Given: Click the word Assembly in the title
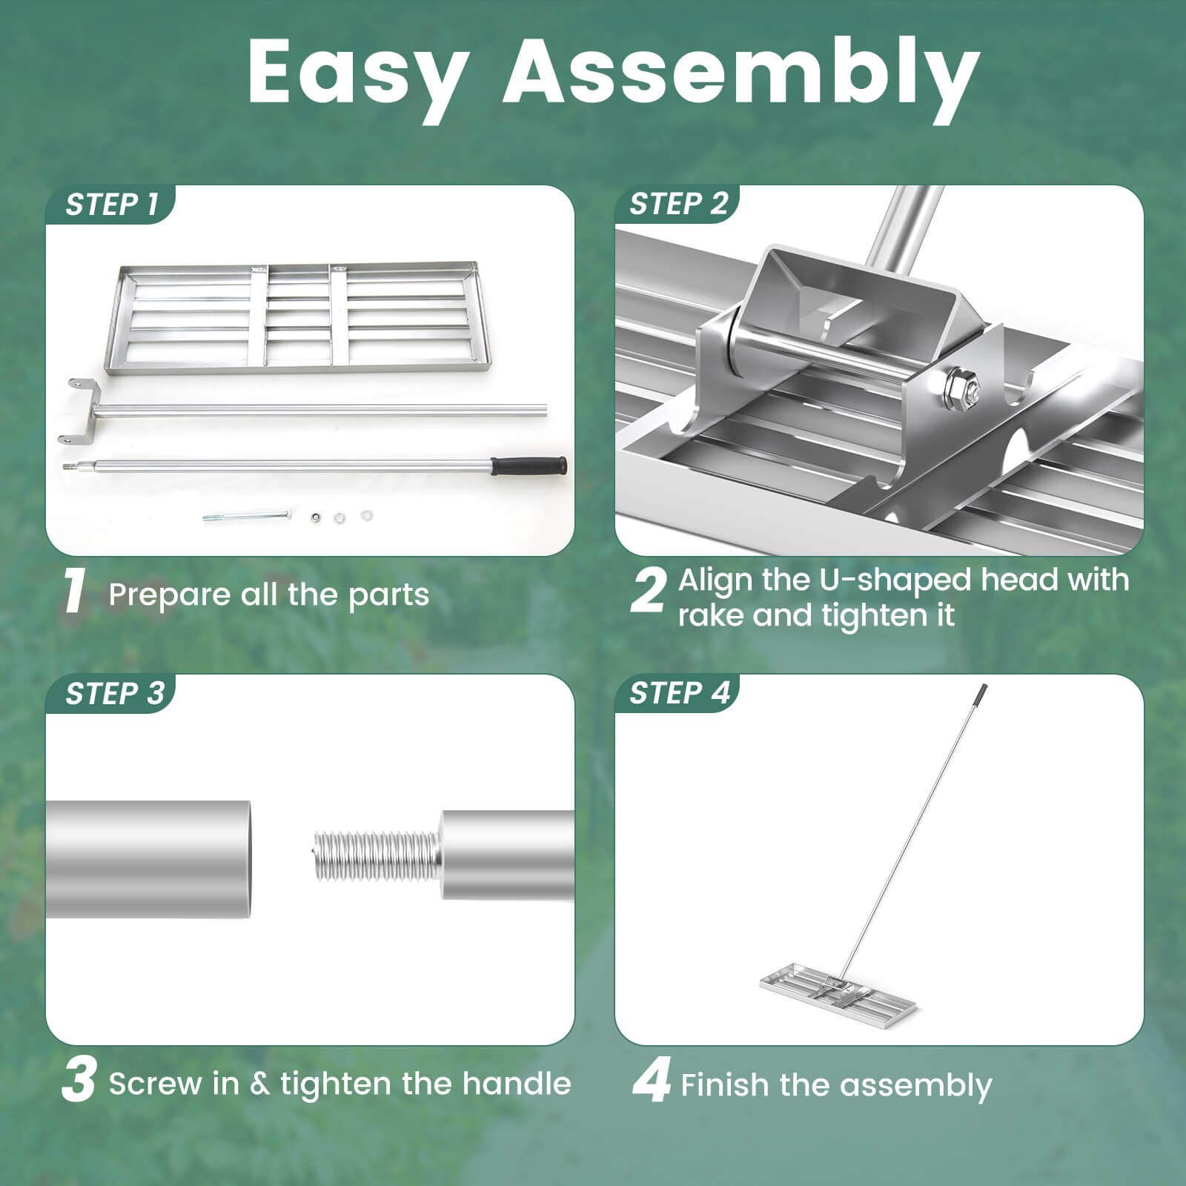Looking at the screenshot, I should (741, 72).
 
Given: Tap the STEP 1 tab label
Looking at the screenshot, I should (112, 205).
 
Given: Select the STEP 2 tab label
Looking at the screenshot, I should (678, 204).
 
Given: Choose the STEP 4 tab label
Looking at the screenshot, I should (679, 693).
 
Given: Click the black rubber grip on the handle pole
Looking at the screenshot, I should (529, 466).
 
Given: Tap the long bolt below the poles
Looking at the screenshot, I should (246, 515).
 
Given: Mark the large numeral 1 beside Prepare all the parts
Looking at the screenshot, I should (74, 592).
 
